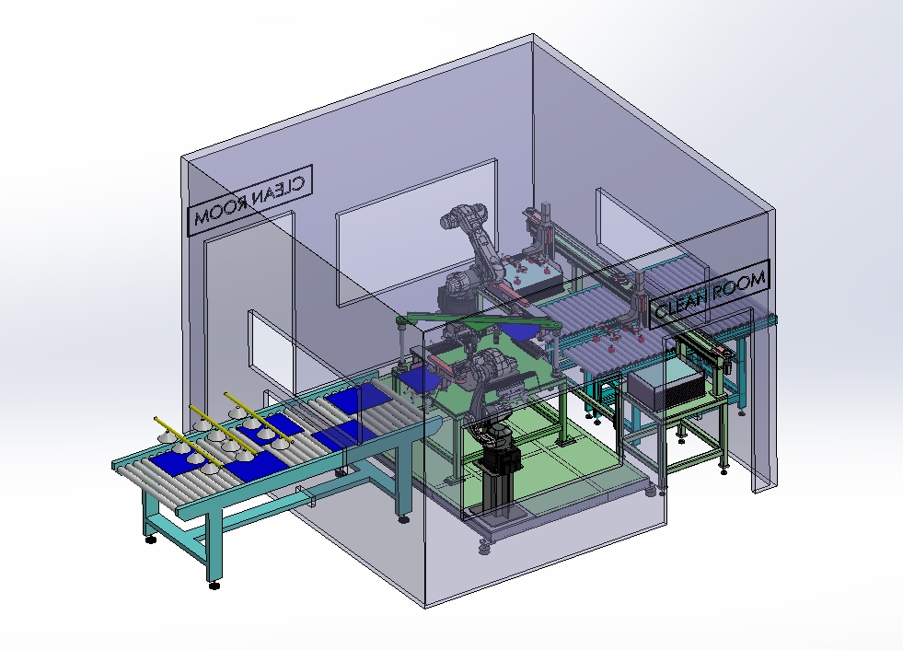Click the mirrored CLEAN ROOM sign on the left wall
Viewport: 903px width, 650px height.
pyautogui.click(x=250, y=200)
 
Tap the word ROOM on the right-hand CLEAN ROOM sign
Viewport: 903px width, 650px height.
pyautogui.click(x=740, y=286)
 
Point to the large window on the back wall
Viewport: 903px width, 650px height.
pyautogui.click(x=416, y=232)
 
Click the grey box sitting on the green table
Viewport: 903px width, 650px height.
pyautogui.click(x=666, y=387)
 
